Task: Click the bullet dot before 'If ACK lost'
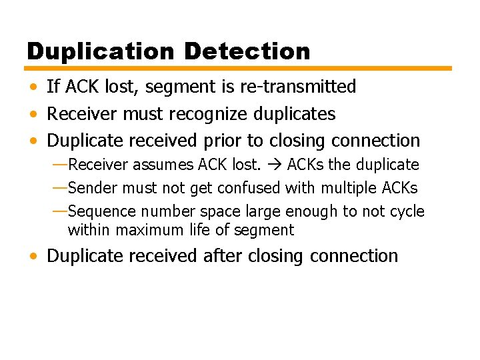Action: pyautogui.click(x=33, y=87)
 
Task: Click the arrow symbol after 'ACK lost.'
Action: pyautogui.click(x=273, y=165)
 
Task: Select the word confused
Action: pyautogui.click(x=249, y=188)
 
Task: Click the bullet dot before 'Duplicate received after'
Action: pyautogui.click(x=33, y=257)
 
